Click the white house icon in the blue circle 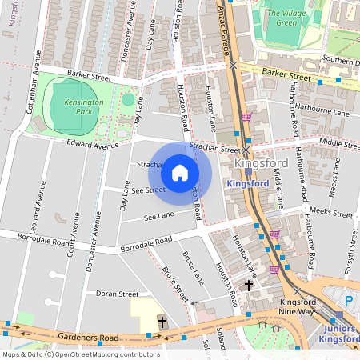click(180, 172)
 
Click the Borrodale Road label click(146, 244)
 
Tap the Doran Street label click(118, 294)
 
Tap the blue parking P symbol click(348, 300)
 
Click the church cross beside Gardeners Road click(162, 322)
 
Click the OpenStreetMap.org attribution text click(104, 354)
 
